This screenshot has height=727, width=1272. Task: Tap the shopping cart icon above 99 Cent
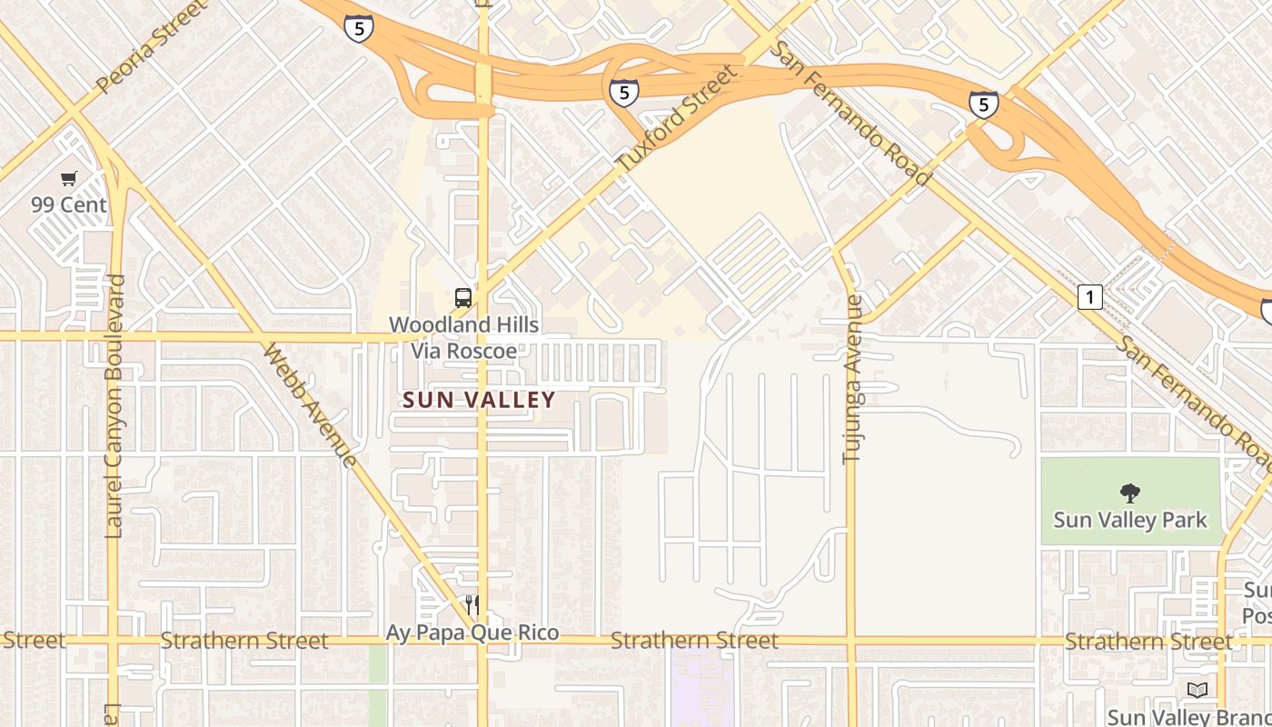coord(69,178)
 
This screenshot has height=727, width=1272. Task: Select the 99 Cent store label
coord(69,204)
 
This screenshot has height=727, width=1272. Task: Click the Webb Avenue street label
coord(311,404)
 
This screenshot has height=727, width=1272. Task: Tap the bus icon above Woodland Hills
coord(463,297)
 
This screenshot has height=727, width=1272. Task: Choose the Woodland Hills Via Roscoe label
coord(463,337)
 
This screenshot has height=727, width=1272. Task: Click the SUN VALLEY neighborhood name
coord(479,400)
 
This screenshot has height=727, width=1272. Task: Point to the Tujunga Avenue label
coord(852,379)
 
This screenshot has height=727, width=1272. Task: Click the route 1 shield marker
coord(1090,296)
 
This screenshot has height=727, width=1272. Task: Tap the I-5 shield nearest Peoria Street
coord(359,28)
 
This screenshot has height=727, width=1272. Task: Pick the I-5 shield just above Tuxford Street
coord(623,92)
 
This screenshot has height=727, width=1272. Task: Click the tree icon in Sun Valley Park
coord(1130,493)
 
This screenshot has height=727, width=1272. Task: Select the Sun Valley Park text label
coord(1130,520)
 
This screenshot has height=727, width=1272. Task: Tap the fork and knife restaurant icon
coord(472,604)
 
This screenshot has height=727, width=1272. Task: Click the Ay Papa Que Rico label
coord(472,632)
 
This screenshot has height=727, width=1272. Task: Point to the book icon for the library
coord(1197,690)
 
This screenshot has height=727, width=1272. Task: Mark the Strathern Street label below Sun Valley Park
coord(1148,642)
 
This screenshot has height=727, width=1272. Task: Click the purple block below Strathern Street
coord(701,691)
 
